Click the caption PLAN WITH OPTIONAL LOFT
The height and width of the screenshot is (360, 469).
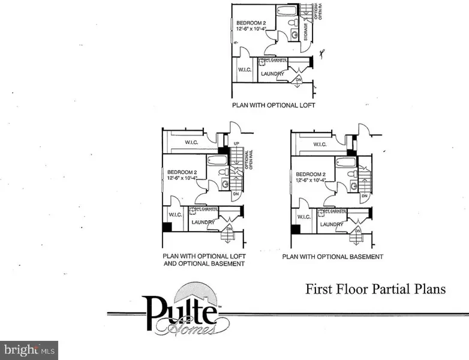[273, 105]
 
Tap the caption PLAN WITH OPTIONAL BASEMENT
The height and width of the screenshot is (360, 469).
[333, 257]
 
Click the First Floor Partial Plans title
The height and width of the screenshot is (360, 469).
[376, 289]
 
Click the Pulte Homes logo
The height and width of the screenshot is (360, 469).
[180, 313]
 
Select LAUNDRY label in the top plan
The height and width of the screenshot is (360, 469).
[273, 74]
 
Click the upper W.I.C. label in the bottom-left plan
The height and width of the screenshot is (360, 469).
[192, 142]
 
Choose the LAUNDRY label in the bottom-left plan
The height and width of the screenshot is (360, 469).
[203, 223]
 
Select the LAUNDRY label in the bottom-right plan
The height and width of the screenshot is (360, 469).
[331, 224]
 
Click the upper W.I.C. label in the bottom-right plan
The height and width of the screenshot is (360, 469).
[320, 144]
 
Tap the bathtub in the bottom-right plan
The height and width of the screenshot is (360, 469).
[346, 162]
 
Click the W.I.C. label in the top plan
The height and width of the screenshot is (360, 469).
[243, 69]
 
